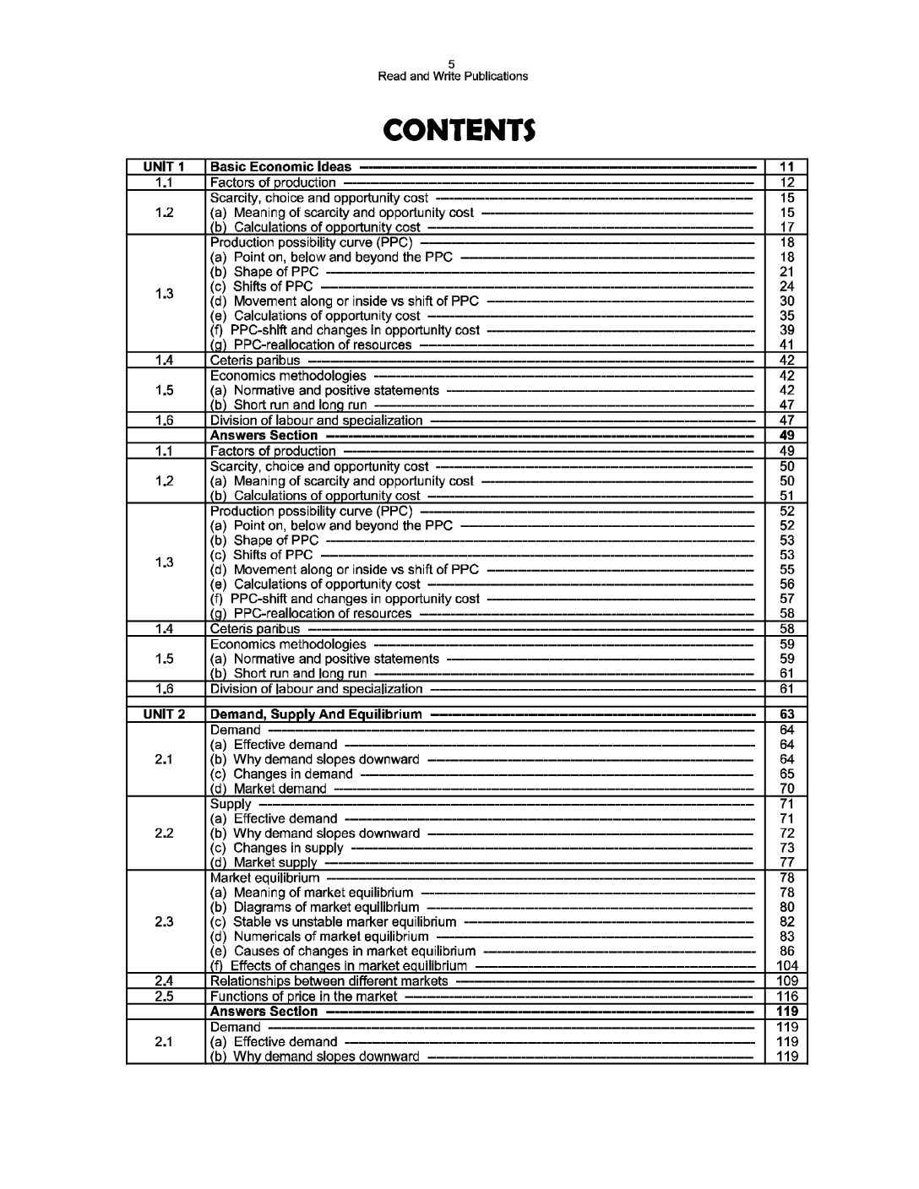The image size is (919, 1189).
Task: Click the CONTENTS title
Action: (x=459, y=131)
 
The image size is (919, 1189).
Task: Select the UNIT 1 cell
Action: (x=165, y=167)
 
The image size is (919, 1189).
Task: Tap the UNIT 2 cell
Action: (x=165, y=714)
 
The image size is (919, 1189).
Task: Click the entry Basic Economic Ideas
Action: (x=280, y=167)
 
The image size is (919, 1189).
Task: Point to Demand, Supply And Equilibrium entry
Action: (x=315, y=714)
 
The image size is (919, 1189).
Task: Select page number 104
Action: (x=786, y=966)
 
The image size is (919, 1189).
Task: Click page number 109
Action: (x=786, y=981)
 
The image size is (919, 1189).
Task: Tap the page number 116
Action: (x=786, y=996)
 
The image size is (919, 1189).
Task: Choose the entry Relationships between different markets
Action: (x=329, y=981)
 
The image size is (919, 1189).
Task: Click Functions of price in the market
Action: (x=303, y=996)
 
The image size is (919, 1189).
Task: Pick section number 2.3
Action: (x=165, y=922)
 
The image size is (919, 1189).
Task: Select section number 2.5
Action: (x=165, y=996)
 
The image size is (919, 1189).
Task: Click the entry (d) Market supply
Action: (x=263, y=863)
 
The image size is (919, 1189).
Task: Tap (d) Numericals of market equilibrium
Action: (x=318, y=937)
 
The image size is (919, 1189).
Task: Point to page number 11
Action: (x=786, y=167)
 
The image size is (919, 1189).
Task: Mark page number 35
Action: (x=786, y=316)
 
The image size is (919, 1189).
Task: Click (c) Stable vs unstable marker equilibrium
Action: (x=332, y=922)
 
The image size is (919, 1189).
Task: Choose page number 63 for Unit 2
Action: (x=786, y=714)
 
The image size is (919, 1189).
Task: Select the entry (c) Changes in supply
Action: (x=276, y=848)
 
